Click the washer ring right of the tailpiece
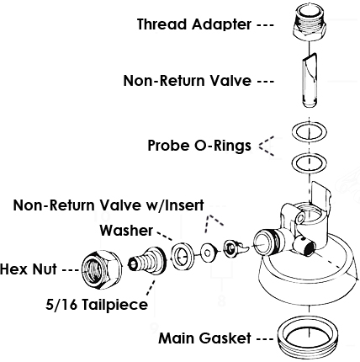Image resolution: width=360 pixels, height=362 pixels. tap(181, 257)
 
